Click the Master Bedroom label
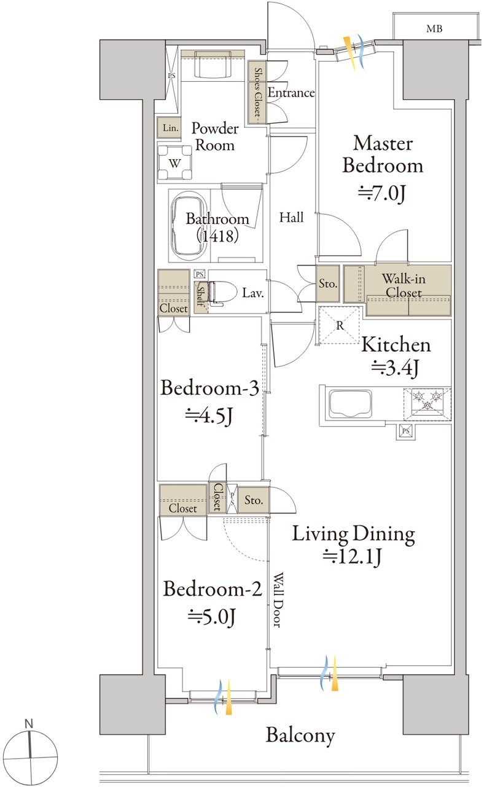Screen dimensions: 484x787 pos(383,154)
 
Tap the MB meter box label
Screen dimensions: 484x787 pos(434,29)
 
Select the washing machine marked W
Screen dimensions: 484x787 pos(174,163)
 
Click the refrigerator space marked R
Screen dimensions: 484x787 pos(340,325)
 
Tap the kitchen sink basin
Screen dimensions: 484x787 pos(350,403)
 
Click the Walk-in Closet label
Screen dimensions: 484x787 pos(404,286)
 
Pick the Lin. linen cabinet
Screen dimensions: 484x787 pos(170,127)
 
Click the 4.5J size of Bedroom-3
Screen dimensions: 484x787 pos(209,416)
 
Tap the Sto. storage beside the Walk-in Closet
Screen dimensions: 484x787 pos(328,283)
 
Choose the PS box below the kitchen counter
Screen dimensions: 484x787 pos(406,431)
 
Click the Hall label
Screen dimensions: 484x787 pos(291,218)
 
